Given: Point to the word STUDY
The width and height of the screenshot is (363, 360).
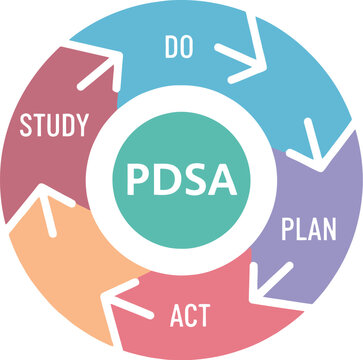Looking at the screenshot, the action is click(x=54, y=126).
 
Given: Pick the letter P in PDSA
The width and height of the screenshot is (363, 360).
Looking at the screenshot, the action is click(x=138, y=181).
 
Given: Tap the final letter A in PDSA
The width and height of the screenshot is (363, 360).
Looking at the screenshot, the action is click(x=224, y=181).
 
